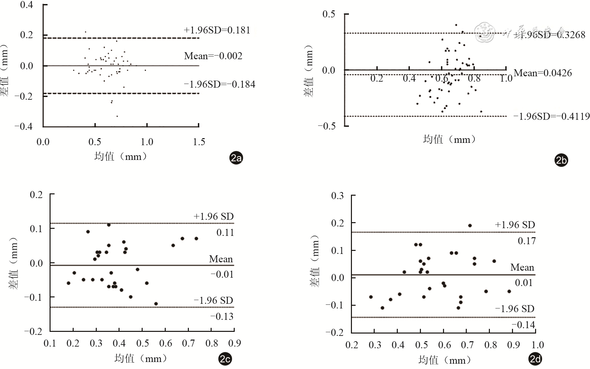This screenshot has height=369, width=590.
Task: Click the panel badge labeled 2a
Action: point(236,158)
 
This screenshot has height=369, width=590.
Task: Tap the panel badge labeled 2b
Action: point(562,161)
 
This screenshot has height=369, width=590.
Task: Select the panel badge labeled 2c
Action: point(225,359)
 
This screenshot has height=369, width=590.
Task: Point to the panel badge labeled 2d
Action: point(535,359)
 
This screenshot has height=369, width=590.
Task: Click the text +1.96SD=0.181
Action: point(217,30)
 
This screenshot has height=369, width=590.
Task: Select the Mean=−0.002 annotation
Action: point(213,56)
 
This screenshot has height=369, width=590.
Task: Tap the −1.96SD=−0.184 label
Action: point(220,84)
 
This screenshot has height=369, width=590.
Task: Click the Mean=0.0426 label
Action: point(543,73)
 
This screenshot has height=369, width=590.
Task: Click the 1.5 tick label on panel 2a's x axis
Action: point(199,142)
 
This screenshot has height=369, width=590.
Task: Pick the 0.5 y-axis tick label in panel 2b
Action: point(329,14)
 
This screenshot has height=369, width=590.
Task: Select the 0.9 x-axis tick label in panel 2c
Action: point(234,343)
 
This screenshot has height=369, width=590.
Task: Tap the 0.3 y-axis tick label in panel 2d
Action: point(338,196)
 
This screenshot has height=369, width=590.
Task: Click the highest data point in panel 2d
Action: point(470,225)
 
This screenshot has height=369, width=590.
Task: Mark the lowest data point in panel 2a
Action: point(117,116)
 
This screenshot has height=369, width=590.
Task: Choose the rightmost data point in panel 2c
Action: point(196,239)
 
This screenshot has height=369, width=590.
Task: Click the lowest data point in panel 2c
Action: point(156,304)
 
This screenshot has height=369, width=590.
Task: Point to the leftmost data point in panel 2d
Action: point(371,297)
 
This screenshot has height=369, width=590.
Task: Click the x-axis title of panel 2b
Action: point(449,139)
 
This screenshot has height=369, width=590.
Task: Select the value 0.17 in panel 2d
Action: point(527,241)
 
